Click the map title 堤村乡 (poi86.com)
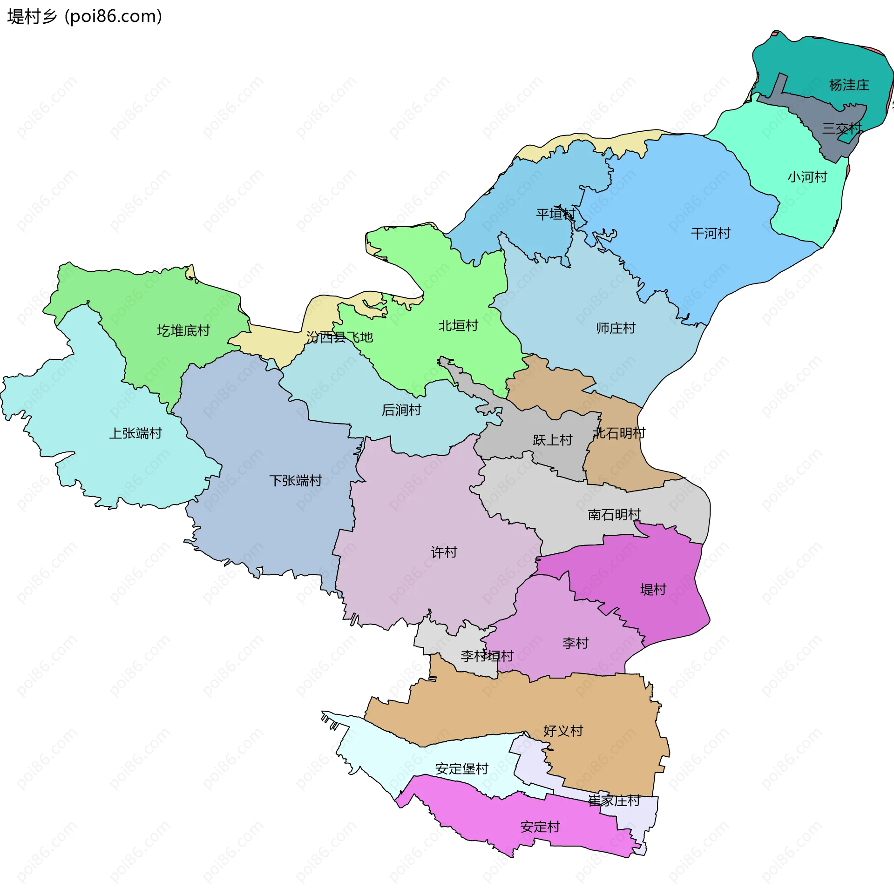coord(85,16)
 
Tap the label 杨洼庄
coord(849,85)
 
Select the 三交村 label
coord(841,128)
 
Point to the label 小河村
coord(807,177)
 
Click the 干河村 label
coord(711,233)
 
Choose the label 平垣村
coord(555,214)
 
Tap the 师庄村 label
coord(616,328)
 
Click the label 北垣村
coord(458,326)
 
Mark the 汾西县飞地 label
coord(339,337)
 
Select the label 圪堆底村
coord(183,330)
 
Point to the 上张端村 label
coord(135,433)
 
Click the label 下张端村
coord(296,480)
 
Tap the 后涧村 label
coord(401,410)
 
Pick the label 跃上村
coord(552,440)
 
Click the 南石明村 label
coord(614,514)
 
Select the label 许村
coord(444,552)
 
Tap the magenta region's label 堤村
coord(653,590)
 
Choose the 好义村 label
coord(563,731)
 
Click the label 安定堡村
coord(461,768)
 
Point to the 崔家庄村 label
coord(614,801)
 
